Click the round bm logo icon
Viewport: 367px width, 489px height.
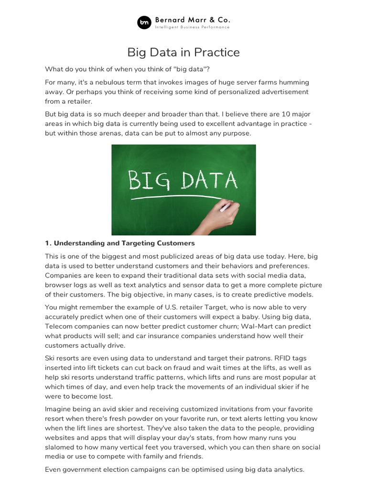(x=144, y=22)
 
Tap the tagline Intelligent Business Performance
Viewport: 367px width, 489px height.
(x=192, y=28)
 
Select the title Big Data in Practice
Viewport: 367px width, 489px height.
(x=183, y=52)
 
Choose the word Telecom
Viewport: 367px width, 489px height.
(x=63, y=326)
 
